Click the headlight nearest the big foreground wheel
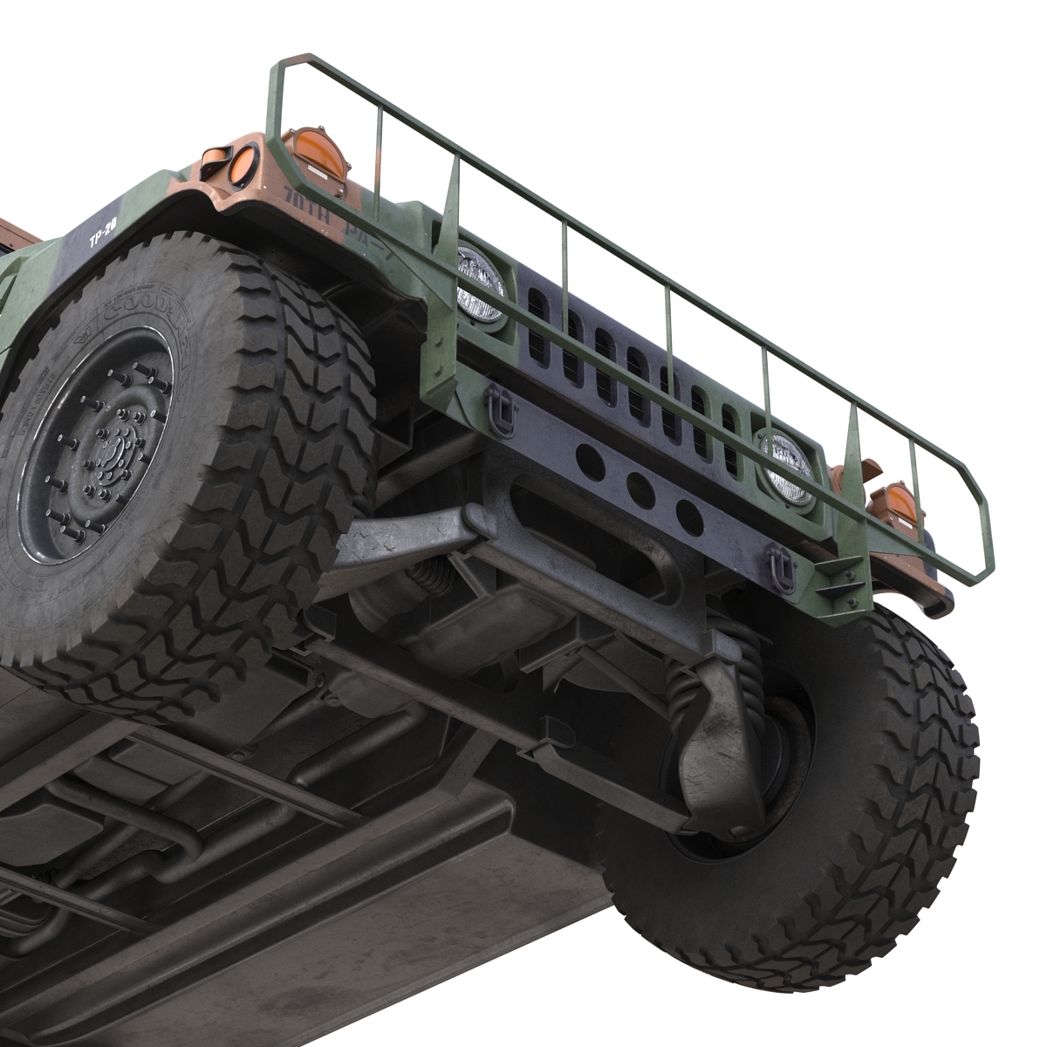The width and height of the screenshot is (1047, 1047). (x=479, y=284)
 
